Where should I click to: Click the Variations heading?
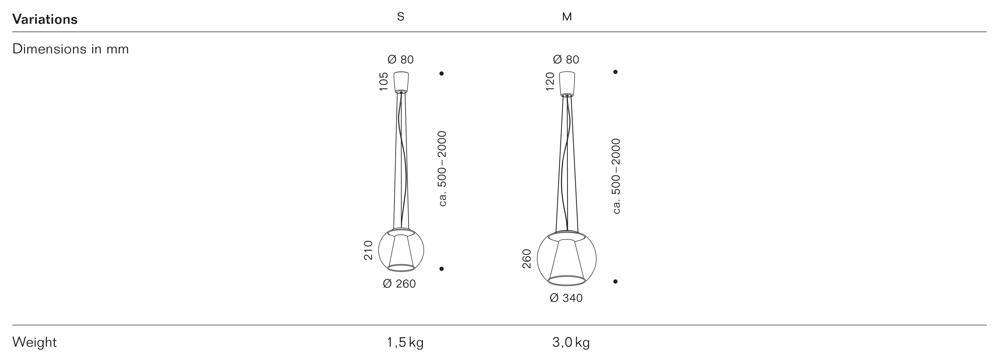click(x=45, y=19)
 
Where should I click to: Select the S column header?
click(x=401, y=17)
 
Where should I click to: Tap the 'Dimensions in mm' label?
click(x=71, y=49)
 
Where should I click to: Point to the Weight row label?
click(x=34, y=342)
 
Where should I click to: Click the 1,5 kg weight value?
click(x=405, y=343)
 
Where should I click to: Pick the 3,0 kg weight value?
click(x=571, y=343)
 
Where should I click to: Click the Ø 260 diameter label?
click(x=399, y=284)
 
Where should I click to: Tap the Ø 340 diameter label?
click(x=566, y=298)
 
